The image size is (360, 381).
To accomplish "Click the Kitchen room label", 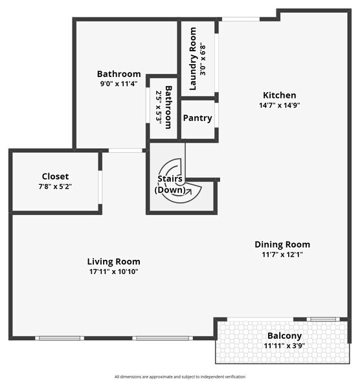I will [x=279, y=95].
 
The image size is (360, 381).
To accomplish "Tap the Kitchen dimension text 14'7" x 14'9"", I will [x=279, y=105].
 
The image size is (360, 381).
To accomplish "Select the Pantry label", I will [x=197, y=118].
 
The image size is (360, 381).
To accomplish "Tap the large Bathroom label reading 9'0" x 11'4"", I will [x=118, y=74].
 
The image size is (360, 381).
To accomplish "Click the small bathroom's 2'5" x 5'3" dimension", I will [x=159, y=107].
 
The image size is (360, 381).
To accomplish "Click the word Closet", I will [x=55, y=176].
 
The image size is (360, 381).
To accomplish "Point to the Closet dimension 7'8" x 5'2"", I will [x=55, y=187].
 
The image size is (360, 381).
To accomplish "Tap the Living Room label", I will [x=114, y=262].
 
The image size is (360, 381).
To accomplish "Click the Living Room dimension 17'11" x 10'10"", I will [x=114, y=271].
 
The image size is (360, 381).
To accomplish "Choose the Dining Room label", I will [x=282, y=244].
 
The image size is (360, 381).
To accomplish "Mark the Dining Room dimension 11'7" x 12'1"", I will [x=282, y=255].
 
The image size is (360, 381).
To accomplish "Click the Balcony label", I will [x=284, y=336].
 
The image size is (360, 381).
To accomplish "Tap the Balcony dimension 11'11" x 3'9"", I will [x=284, y=346].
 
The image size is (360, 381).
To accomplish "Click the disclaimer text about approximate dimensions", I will [x=180, y=376].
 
